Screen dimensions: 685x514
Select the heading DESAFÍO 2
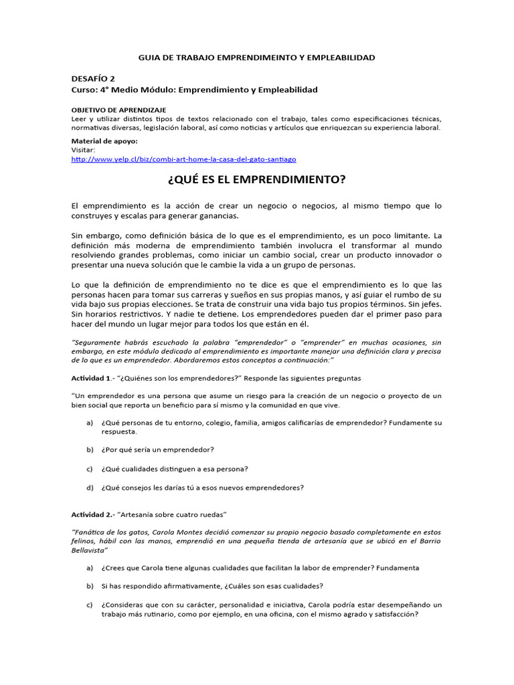point(93,78)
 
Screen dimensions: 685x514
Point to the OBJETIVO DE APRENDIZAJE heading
point(118,109)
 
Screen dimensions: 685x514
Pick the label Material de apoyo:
point(104,141)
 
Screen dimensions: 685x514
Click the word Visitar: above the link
point(84,151)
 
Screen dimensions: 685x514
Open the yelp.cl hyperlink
point(183,159)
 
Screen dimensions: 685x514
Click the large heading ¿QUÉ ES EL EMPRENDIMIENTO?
point(256,180)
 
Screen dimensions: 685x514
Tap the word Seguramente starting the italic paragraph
point(96,342)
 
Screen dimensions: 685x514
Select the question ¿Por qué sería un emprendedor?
point(158,449)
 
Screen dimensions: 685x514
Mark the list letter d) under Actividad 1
point(90,488)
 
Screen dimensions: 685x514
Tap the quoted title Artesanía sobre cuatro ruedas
point(173,514)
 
